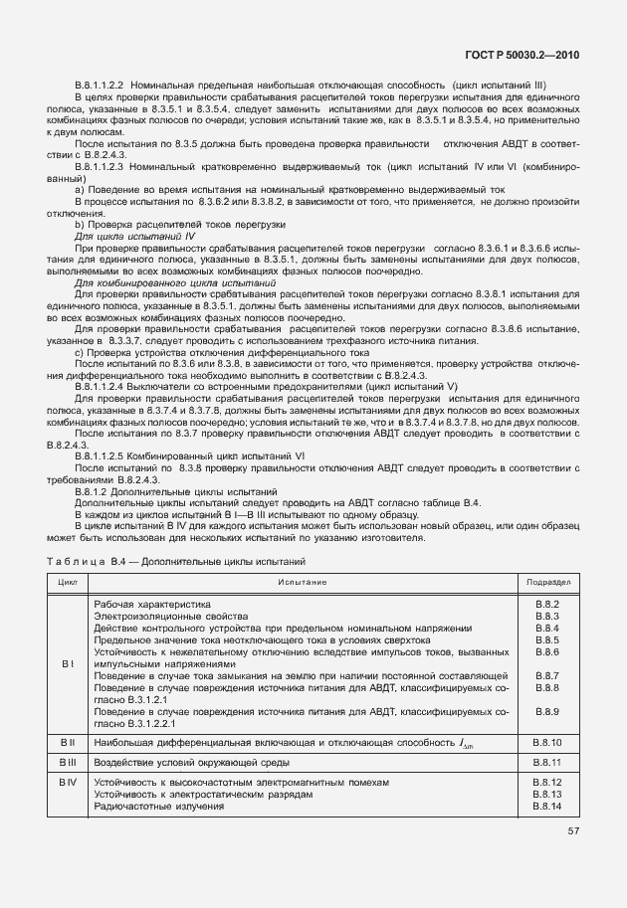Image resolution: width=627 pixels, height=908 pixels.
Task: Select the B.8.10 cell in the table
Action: (x=547, y=743)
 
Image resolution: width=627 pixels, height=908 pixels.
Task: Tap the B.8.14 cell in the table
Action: (x=547, y=807)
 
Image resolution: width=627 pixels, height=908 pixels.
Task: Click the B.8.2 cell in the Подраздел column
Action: (x=547, y=605)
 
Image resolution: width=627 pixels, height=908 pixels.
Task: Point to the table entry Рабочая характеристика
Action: (x=152, y=605)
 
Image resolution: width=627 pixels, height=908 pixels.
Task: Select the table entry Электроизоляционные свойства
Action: (x=164, y=617)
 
